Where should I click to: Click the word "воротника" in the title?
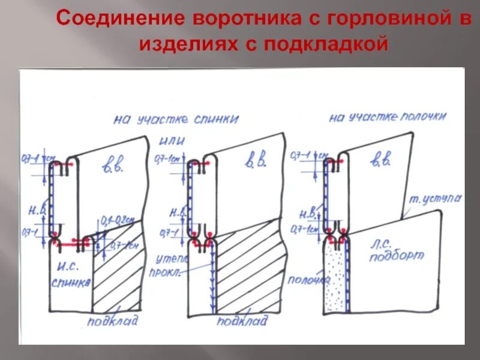[236, 17]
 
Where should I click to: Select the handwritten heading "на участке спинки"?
[175, 119]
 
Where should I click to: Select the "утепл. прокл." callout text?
[172, 265]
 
